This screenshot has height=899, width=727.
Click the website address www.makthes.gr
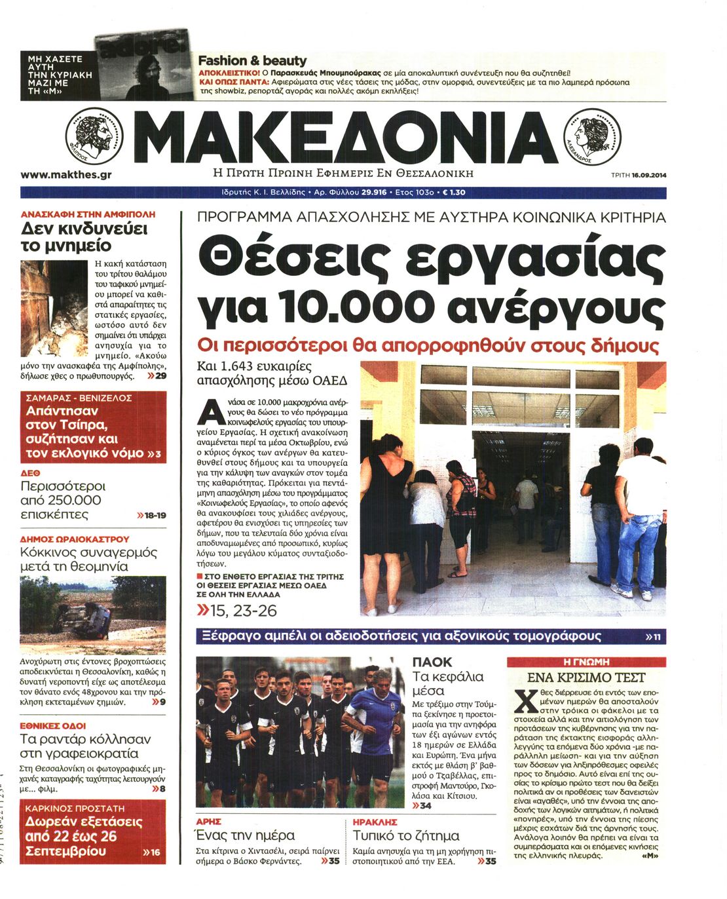coord(65,175)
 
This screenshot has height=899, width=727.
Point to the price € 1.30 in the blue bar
coord(454,193)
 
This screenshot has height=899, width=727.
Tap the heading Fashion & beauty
coord(252,60)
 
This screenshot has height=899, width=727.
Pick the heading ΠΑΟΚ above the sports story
coord(432,662)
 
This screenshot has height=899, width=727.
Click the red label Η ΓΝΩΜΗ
coord(586,662)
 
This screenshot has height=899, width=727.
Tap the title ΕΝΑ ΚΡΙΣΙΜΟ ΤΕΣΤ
coord(586,678)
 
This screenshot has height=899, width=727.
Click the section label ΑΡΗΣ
coord(209,821)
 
